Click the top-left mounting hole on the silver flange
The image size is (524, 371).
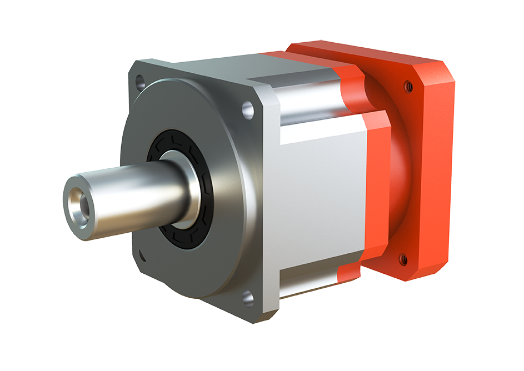click(x=139, y=84)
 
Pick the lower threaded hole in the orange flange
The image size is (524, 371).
click(x=403, y=259)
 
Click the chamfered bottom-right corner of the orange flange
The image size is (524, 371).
click(x=428, y=272)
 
